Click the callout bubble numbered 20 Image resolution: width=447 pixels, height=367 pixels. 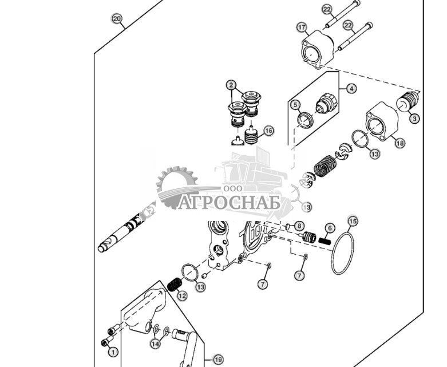pyautogui.click(x=117, y=19)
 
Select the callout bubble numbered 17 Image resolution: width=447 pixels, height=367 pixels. pyautogui.click(x=302, y=27)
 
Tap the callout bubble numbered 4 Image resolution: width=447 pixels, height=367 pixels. pyautogui.click(x=351, y=89)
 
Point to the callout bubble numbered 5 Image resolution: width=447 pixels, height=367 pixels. pyautogui.click(x=295, y=105)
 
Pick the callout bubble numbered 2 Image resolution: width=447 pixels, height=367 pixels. pyautogui.click(x=231, y=85)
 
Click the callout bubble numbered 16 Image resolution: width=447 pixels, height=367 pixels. pyautogui.click(x=268, y=131)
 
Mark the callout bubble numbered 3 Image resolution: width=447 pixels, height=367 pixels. pyautogui.click(x=414, y=119)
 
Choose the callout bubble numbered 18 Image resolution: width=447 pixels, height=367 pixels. pyautogui.click(x=399, y=143)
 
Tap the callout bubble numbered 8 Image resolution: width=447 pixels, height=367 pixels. pyautogui.click(x=299, y=226)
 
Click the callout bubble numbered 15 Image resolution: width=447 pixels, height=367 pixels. pyautogui.click(x=353, y=220)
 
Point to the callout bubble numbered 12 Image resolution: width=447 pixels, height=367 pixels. pyautogui.click(x=182, y=296)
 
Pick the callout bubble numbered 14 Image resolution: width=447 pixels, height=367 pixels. pyautogui.click(x=155, y=344)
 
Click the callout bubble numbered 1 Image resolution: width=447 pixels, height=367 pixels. pyautogui.click(x=113, y=352)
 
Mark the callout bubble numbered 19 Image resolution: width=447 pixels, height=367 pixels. pyautogui.click(x=217, y=360)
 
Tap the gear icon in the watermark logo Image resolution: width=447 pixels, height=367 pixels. pyautogui.click(x=175, y=184)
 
